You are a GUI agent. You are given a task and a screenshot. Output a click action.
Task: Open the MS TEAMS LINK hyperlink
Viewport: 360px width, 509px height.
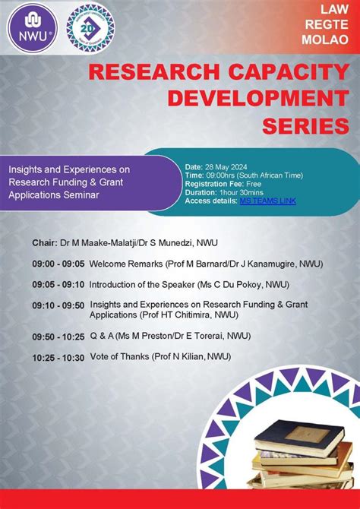tap(267, 201)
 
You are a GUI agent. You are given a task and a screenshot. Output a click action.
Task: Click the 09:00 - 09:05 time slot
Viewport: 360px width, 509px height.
tap(58, 264)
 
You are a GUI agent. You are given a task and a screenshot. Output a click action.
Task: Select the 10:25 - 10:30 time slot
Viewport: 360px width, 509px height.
tap(58, 356)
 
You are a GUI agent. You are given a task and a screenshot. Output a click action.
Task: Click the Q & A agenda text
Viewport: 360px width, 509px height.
tap(101, 335)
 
